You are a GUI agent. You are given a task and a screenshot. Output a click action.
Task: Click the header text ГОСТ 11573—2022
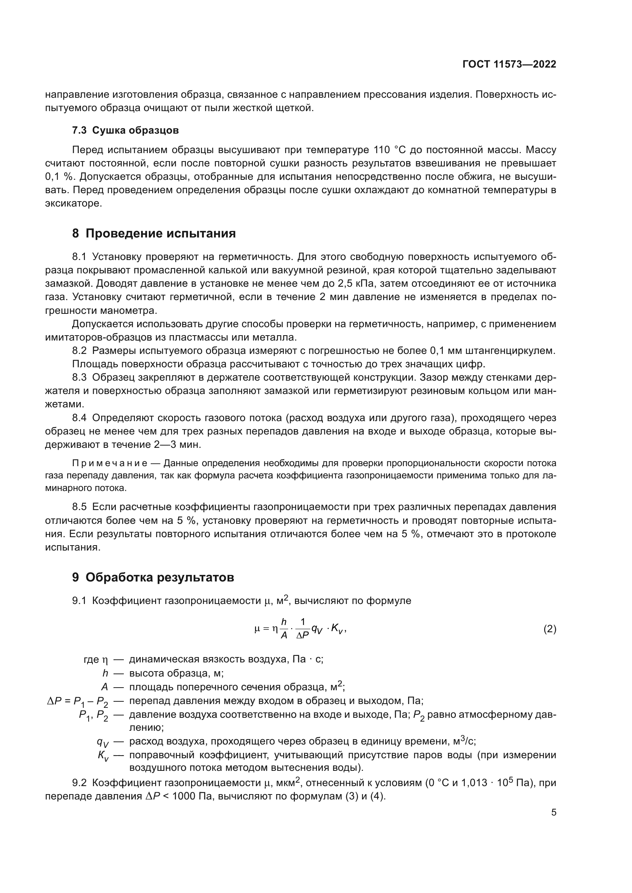509,65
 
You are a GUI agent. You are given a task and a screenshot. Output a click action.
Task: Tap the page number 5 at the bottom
553,812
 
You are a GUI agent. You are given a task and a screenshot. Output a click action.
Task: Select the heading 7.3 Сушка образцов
125,130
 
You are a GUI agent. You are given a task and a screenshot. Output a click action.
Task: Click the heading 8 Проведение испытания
154,233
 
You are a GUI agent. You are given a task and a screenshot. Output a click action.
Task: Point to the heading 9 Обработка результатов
153,578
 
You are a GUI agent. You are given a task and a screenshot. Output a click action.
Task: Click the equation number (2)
549,629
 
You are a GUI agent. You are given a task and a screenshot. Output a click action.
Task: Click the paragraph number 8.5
79,507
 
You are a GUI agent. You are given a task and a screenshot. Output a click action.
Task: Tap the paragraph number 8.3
79,378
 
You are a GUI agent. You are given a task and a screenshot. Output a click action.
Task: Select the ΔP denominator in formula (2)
302,636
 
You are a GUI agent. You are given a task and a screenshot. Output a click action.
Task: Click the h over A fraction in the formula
284,629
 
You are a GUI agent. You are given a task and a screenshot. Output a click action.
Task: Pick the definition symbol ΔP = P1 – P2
78,702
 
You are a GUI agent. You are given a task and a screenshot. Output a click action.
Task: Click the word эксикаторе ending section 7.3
73,203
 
